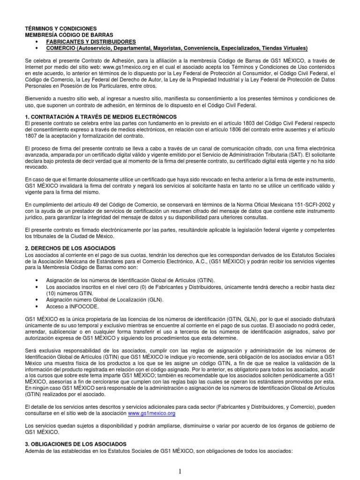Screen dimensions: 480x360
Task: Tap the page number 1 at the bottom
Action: (x=180, y=471)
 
